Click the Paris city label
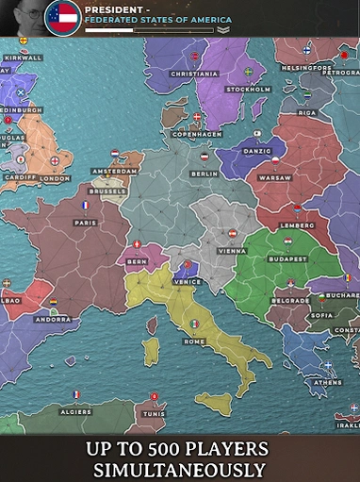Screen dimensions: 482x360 (x=85, y=223)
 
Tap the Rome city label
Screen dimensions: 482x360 (x=194, y=341)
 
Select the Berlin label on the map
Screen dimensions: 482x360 (x=204, y=174)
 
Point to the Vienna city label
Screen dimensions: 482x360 (x=232, y=251)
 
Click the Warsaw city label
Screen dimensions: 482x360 (x=275, y=177)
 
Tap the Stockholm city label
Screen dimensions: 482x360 (x=248, y=90)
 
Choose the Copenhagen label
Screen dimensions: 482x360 (x=196, y=134)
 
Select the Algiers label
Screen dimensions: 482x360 (x=76, y=412)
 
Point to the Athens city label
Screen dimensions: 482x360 (x=328, y=382)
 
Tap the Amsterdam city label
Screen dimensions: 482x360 (x=115, y=171)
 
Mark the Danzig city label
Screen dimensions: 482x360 (x=256, y=151)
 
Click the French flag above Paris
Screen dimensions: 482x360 (x=85, y=205)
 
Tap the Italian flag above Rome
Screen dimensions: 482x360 (x=194, y=324)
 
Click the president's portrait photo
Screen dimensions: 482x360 (x=21, y=18)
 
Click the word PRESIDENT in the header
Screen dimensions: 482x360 (x=113, y=8)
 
